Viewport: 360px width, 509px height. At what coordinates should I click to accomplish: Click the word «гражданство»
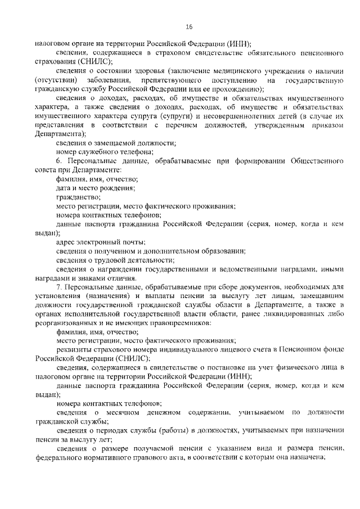click(79, 197)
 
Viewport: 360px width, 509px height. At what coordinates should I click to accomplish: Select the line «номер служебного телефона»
click(105, 152)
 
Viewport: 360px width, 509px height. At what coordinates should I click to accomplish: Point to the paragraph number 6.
click(59, 161)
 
